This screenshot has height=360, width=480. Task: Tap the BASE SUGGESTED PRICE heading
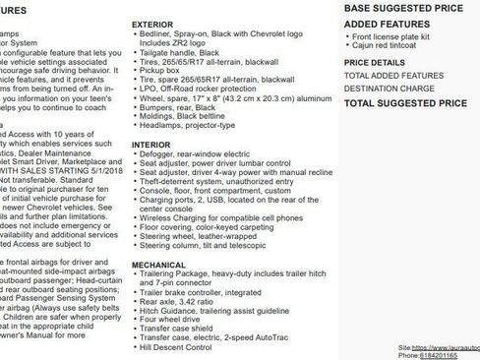point(401,7)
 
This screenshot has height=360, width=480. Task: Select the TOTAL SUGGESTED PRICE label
point(401,102)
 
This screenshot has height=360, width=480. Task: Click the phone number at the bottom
point(444,356)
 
